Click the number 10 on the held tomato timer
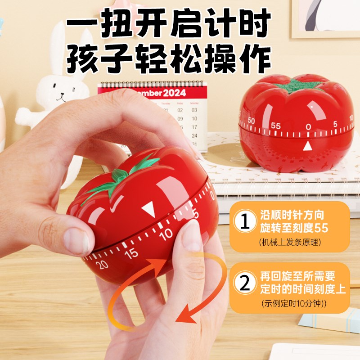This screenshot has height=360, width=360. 166,234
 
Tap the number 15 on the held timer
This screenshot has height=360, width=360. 131,253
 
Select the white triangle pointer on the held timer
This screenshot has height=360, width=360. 147,209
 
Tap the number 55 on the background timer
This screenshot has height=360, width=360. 276,126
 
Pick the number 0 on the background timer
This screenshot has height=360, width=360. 308,127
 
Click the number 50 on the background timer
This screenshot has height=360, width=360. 251,121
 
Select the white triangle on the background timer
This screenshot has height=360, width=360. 308,146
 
